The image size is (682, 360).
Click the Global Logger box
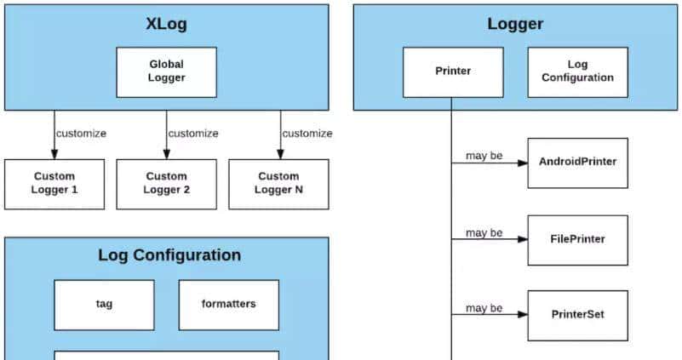click(x=166, y=71)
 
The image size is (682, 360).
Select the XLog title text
click(x=166, y=24)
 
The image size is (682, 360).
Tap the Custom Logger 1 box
click(x=54, y=184)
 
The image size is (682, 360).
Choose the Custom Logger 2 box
click(x=166, y=184)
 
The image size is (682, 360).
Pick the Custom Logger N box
click(x=278, y=184)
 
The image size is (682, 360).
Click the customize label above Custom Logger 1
click(x=81, y=134)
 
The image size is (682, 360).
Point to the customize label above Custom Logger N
click(x=307, y=134)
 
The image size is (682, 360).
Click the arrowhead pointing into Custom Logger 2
click(x=166, y=154)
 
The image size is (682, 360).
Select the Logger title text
click(x=515, y=24)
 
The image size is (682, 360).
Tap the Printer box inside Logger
click(x=453, y=71)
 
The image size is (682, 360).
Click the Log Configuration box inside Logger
click(x=577, y=71)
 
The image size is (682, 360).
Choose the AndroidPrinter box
click(x=577, y=163)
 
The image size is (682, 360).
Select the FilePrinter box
click(x=577, y=239)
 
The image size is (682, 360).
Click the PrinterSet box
click(x=577, y=315)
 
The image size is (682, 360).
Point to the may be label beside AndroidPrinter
click(x=484, y=156)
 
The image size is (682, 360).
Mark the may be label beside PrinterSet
click(x=484, y=308)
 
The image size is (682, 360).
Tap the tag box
click(x=105, y=304)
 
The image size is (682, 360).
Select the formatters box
click(x=228, y=304)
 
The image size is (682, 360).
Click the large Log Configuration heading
click(x=169, y=255)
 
